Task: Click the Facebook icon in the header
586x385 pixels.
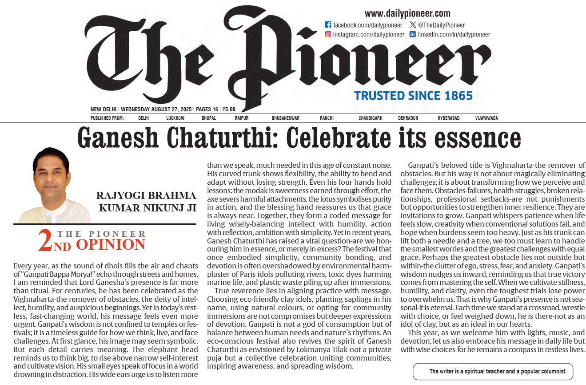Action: pyautogui.click(x=328, y=25)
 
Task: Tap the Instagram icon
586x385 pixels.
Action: pyautogui.click(x=328, y=34)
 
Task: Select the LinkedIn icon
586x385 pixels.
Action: pyautogui.click(x=413, y=34)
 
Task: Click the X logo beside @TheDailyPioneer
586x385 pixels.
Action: pyautogui.click(x=413, y=25)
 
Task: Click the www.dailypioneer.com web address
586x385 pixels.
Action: pyautogui.click(x=407, y=13)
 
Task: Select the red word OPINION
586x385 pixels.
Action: pyautogui.click(x=111, y=244)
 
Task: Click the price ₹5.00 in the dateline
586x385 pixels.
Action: pyautogui.click(x=229, y=109)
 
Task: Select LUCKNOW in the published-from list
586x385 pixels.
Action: pyautogui.click(x=175, y=118)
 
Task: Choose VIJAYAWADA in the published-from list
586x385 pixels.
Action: pyautogui.click(x=486, y=118)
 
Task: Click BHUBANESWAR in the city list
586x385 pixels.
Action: pyautogui.click(x=286, y=118)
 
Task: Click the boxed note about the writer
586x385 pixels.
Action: pyautogui.click(x=493, y=371)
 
